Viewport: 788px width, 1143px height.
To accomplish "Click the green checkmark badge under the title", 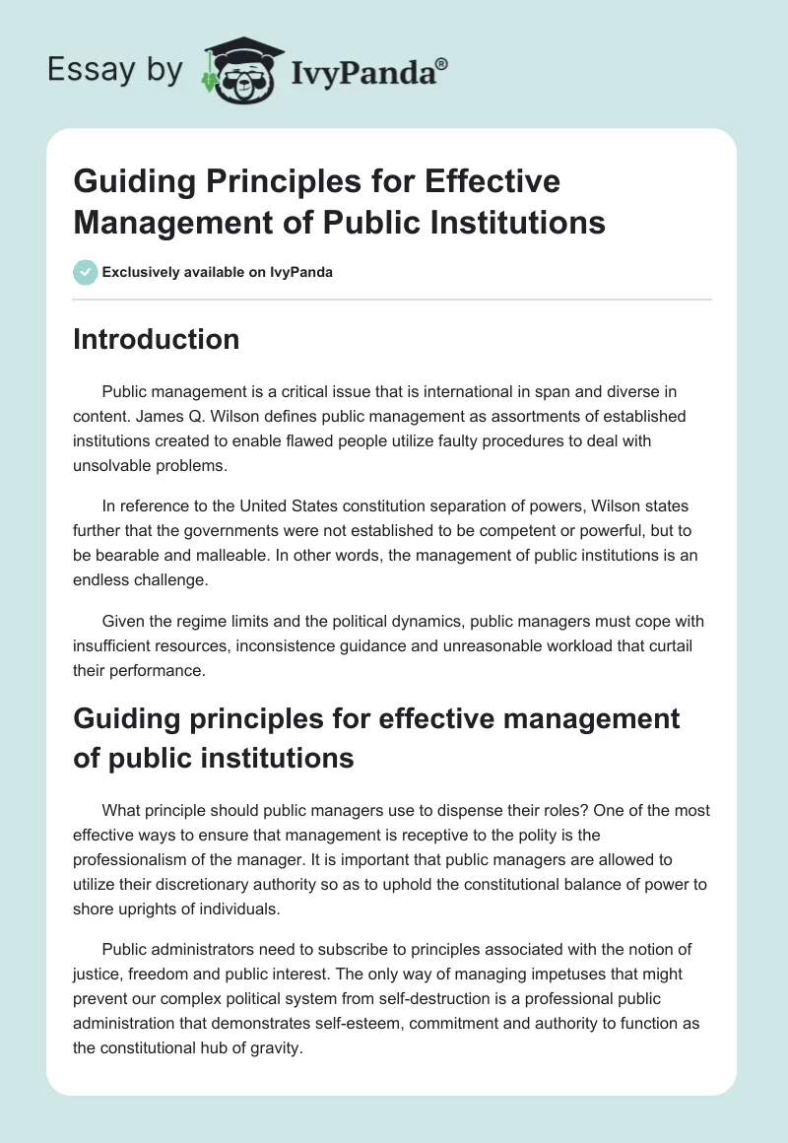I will pos(86,271).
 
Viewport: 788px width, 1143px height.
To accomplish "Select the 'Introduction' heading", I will pos(157,339).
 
